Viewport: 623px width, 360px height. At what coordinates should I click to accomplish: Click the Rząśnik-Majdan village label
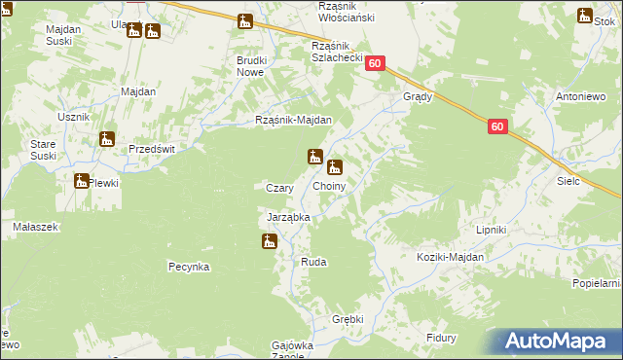293,121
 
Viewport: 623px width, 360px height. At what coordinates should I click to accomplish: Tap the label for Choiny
329,185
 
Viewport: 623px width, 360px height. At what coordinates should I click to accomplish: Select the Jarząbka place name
288,218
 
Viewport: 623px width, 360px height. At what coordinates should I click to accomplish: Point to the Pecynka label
189,266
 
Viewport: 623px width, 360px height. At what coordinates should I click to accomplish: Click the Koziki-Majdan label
449,257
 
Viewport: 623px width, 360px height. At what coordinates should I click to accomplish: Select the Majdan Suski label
63,36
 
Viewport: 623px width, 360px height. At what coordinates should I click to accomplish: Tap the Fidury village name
442,338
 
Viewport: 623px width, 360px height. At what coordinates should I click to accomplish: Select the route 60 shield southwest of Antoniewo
497,126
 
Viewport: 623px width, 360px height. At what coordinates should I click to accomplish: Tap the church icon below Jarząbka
270,240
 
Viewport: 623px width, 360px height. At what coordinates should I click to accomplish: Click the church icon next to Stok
584,16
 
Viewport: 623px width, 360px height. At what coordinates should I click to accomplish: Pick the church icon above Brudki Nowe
245,20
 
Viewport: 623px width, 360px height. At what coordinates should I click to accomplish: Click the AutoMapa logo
561,342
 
